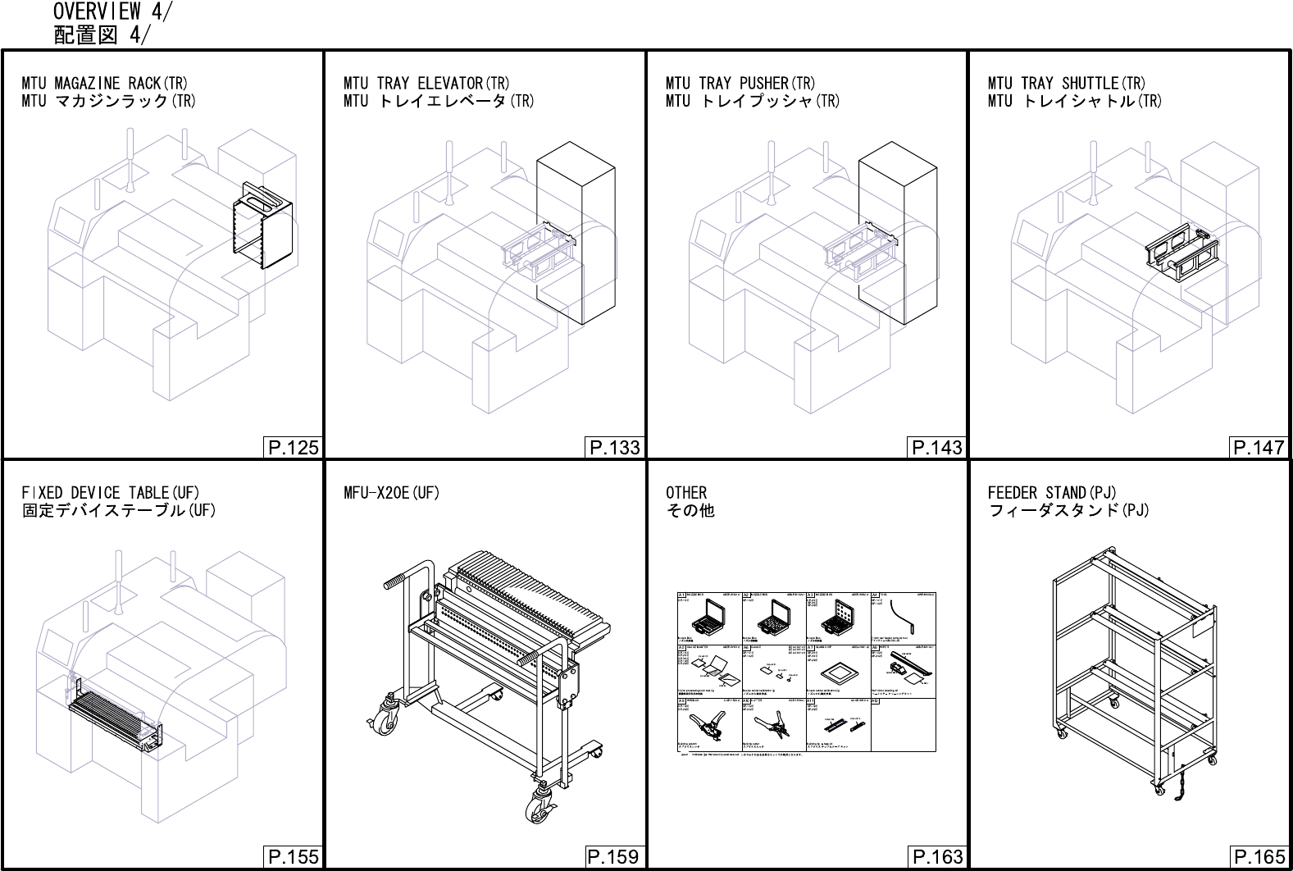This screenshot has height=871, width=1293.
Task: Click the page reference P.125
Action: pyautogui.click(x=292, y=447)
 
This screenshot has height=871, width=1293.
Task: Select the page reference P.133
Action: pyautogui.click(x=614, y=447)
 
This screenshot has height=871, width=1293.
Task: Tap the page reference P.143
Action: pyautogui.click(x=936, y=447)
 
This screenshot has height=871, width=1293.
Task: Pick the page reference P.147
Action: pyautogui.click(x=1259, y=447)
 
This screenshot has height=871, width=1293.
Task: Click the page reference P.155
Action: pyautogui.click(x=292, y=857)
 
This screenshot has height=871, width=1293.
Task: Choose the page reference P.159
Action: pyautogui.click(x=614, y=857)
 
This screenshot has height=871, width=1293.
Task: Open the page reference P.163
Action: pyautogui.click(x=936, y=857)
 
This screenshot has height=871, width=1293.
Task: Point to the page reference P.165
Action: pyautogui.click(x=1259, y=857)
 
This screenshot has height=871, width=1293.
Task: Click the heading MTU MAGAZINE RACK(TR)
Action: pyautogui.click(x=105, y=83)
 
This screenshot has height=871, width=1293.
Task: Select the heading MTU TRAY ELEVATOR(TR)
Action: pyautogui.click(x=426, y=83)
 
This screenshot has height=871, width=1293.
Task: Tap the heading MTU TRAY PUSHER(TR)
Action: pyautogui.click(x=740, y=83)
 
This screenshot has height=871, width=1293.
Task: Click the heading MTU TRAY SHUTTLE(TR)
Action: pyautogui.click(x=1067, y=83)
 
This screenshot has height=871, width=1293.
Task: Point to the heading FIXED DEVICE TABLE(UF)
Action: pyautogui.click(x=111, y=493)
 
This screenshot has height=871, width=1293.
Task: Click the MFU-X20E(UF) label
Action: pyautogui.click(x=392, y=493)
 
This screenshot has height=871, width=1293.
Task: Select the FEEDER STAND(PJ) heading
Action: pyautogui.click(x=1052, y=493)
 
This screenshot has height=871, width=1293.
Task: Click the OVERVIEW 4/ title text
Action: pyautogui.click(x=112, y=11)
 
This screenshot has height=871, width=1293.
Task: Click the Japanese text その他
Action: pyautogui.click(x=690, y=511)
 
